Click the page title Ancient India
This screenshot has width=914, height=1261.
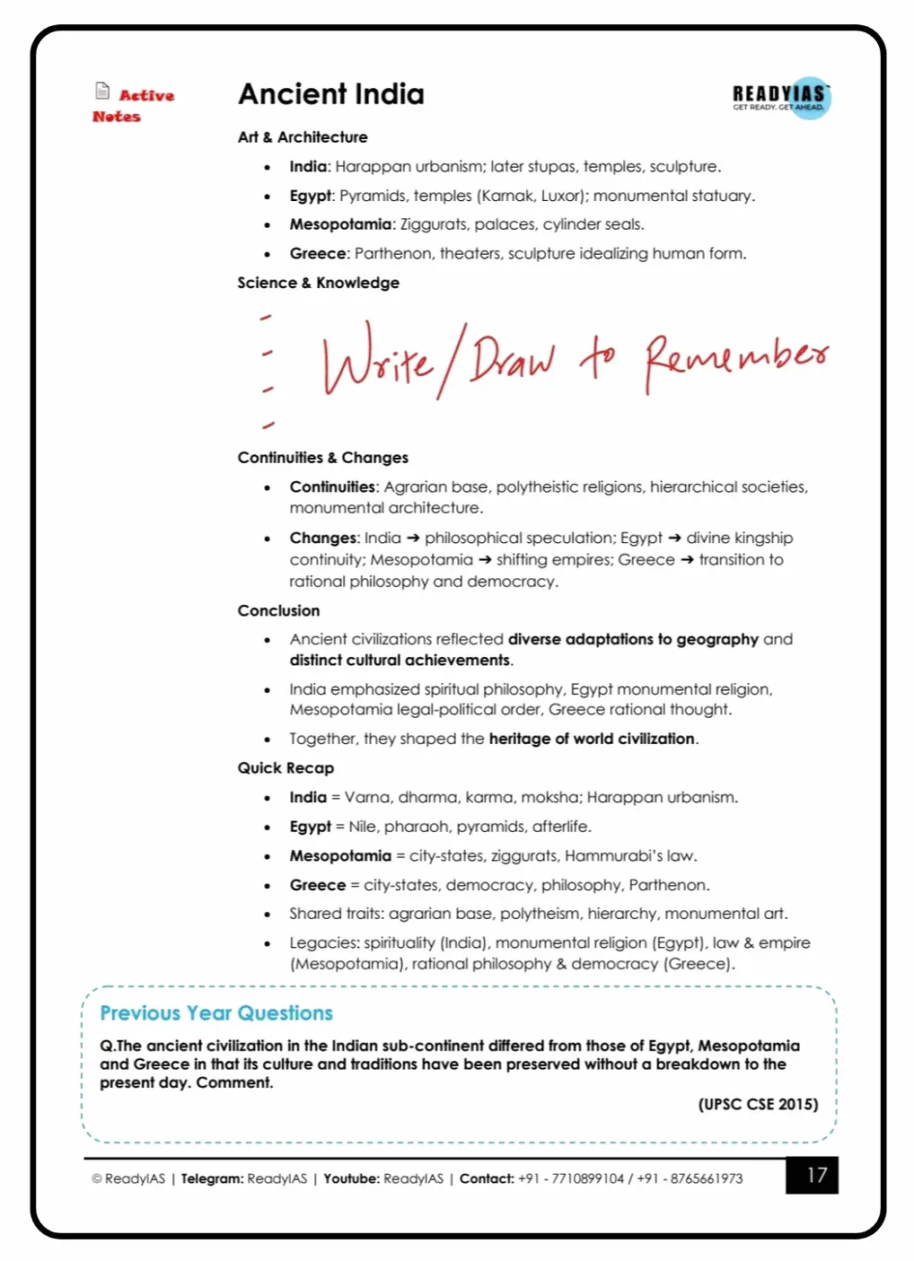point(330,94)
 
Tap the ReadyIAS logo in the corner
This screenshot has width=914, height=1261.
point(781,97)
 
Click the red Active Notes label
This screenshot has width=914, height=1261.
point(134,105)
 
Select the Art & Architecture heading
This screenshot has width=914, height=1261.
point(303,137)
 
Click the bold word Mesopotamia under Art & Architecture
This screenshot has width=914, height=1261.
point(340,224)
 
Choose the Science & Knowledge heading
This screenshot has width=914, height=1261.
point(318,283)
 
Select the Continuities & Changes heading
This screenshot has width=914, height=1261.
point(322,458)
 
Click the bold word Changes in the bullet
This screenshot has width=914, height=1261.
point(323,539)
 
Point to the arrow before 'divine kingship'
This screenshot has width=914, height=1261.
point(674,539)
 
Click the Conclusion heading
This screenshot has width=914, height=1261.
point(278,611)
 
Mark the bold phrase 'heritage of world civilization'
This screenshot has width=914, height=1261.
point(592,739)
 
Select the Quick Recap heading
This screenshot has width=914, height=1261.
point(286,768)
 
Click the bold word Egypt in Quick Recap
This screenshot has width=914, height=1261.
point(310,827)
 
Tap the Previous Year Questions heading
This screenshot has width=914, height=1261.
point(216,1013)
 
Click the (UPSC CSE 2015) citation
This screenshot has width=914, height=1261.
point(758,1105)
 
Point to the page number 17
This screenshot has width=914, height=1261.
point(816,1176)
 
